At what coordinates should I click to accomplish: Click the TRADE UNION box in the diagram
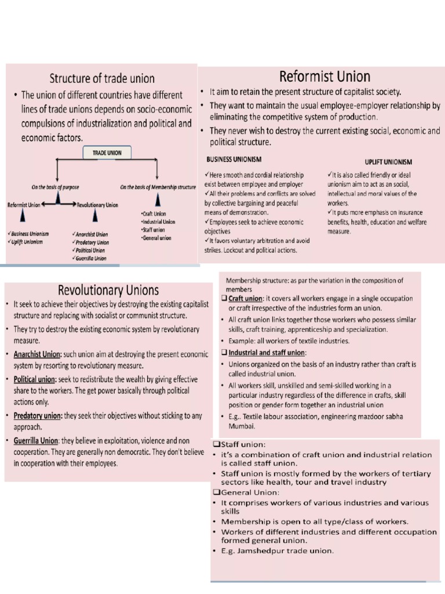pos(107,153)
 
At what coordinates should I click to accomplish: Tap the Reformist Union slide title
pos(324,76)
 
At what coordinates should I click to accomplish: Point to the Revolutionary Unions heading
pos(108,290)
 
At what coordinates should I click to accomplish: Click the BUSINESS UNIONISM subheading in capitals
pos(234,159)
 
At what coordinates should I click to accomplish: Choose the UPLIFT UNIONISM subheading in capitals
pos(384,162)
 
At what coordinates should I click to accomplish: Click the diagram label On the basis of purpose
pos(56,187)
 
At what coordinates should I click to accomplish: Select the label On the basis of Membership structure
pos(158,187)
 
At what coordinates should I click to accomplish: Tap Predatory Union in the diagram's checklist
pos(92,242)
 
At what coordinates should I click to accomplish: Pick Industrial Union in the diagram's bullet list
pos(158,222)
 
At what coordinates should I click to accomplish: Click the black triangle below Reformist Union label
pos(22,216)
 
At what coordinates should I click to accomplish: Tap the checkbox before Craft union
pos(224,298)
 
